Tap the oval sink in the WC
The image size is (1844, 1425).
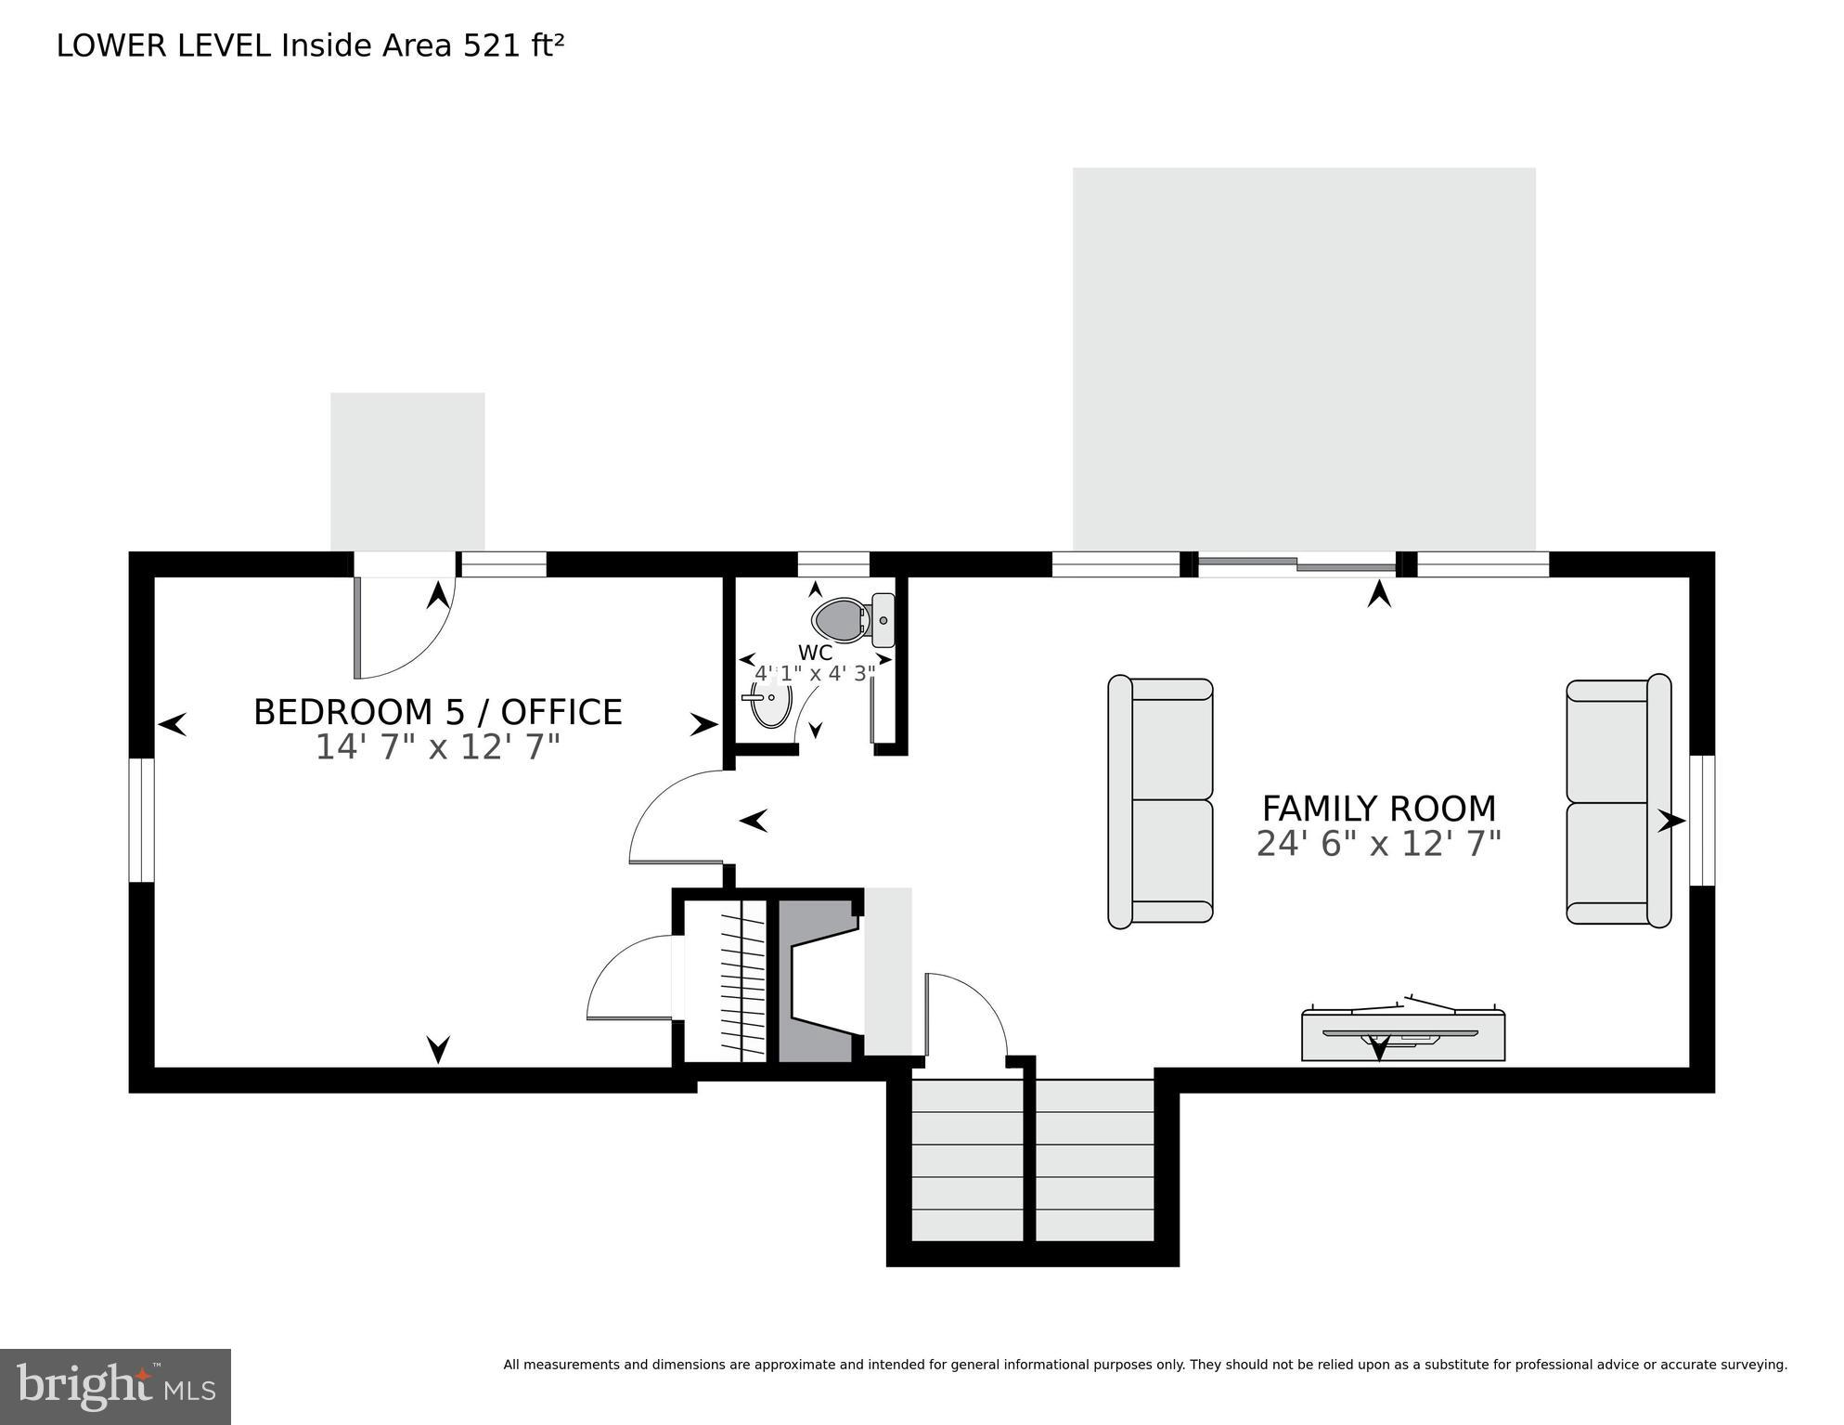pos(770,703)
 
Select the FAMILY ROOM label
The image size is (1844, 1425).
pos(1378,809)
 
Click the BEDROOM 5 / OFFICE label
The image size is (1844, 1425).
pos(437,712)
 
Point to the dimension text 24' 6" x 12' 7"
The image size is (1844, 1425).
pos(1378,844)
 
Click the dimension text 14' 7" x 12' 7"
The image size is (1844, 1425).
pos(437,747)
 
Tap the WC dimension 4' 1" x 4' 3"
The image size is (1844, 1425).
pos(815,673)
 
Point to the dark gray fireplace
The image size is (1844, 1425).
pos(814,980)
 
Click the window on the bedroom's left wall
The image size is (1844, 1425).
pos(141,820)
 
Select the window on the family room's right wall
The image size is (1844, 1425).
pos(1701,821)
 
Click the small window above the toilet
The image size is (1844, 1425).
pos(832,564)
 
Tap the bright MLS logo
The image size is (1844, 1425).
pos(115,1387)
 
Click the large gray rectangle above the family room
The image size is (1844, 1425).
pos(1303,359)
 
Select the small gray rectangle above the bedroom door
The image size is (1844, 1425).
pos(407,472)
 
